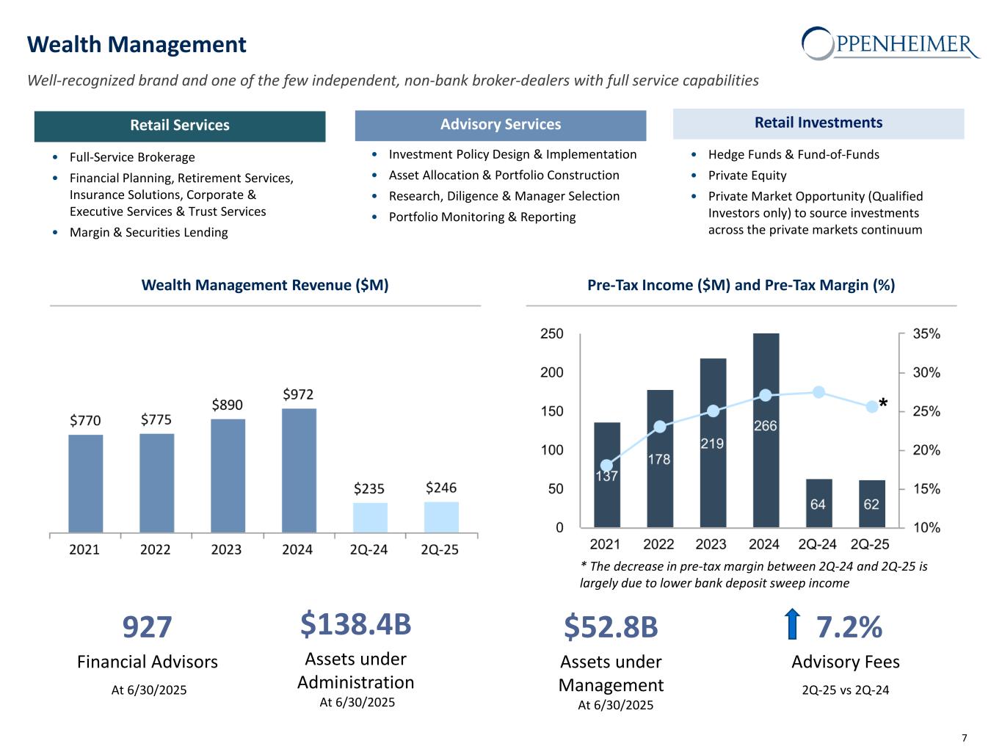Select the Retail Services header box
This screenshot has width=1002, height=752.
point(180,126)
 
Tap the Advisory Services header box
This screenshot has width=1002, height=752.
point(501,125)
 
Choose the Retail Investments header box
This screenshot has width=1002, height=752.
point(818,123)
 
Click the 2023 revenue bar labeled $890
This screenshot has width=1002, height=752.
point(228,475)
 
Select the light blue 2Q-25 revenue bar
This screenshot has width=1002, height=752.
point(441,517)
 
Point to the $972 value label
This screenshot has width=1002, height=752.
point(299,395)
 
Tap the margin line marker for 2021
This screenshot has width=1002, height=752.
point(606,466)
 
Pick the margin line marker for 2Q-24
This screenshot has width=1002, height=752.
point(819,392)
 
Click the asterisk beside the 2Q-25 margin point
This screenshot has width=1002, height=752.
point(883,405)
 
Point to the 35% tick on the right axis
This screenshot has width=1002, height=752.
point(926,334)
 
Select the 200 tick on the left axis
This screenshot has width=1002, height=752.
point(552,372)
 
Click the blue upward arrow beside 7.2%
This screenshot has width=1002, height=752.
point(791,624)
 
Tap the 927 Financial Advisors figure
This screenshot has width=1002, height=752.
point(147,627)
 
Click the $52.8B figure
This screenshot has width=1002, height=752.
point(611,627)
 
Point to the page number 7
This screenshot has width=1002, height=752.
point(964,738)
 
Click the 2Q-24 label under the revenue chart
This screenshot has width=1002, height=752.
point(369,549)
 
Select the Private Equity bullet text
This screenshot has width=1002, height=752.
point(747,176)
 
